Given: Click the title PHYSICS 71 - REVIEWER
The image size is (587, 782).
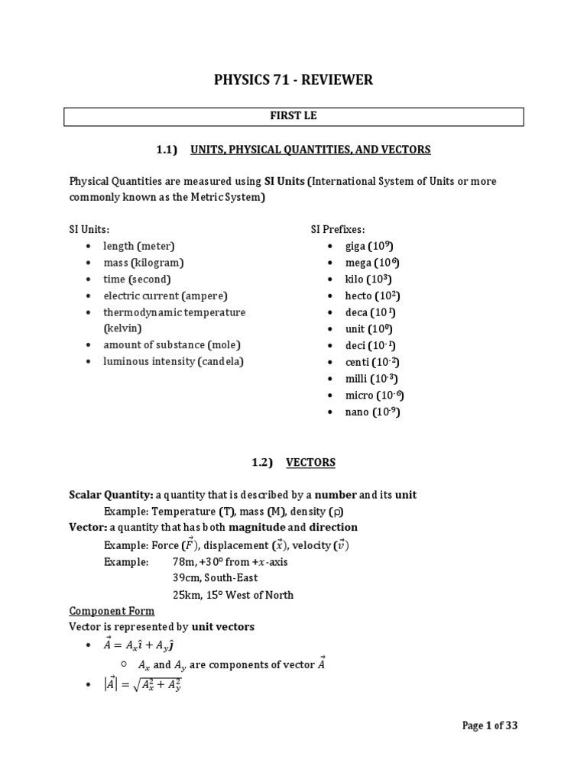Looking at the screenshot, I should (293, 80).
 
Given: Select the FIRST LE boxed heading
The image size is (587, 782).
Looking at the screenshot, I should (293, 117).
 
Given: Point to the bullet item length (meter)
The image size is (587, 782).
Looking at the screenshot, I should (139, 246).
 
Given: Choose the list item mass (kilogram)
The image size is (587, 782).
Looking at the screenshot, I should (144, 263).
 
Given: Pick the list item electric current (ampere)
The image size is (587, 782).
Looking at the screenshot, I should (165, 296).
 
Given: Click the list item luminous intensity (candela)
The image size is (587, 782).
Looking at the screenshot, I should (174, 361).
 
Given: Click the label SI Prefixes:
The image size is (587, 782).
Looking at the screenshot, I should (338, 229).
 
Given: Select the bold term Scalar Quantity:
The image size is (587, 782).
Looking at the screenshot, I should (107, 495).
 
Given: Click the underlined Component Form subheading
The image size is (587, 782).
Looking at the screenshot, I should (112, 611).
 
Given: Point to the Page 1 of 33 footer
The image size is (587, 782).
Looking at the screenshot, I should (490, 726).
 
